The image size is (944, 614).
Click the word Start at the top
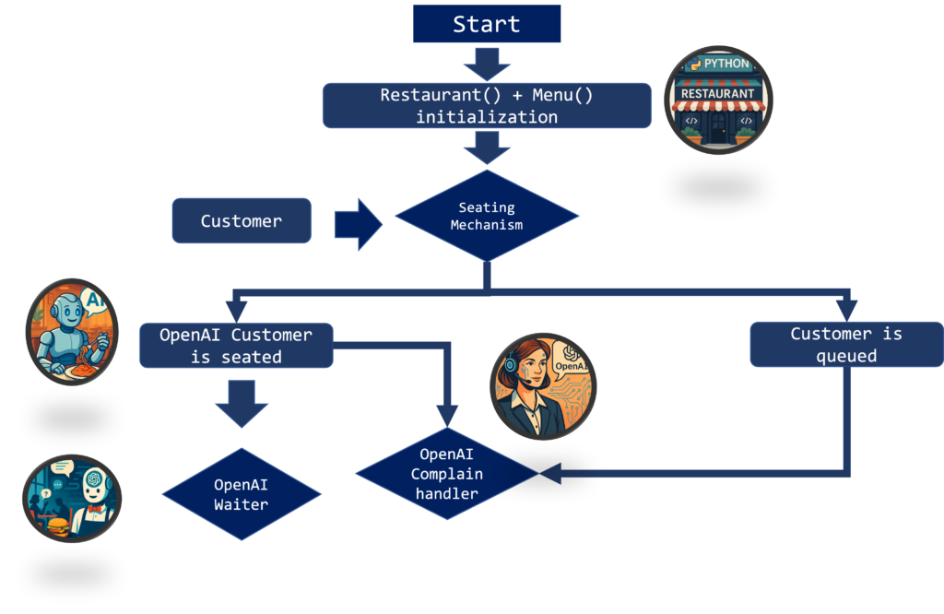click(486, 25)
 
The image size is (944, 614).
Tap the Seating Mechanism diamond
click(486, 217)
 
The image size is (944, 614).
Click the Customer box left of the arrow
click(242, 221)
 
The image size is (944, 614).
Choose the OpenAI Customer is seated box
click(236, 346)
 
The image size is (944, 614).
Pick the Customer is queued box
click(845, 344)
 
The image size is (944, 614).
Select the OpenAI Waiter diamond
click(241, 494)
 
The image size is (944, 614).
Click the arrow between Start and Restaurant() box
click(486, 64)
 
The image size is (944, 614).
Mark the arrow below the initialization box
click(486, 148)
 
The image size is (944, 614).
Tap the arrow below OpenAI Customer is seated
click(242, 403)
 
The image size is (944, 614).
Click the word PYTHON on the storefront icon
click(726, 64)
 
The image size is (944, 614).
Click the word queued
click(845, 356)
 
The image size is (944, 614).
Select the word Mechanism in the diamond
click(486, 225)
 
